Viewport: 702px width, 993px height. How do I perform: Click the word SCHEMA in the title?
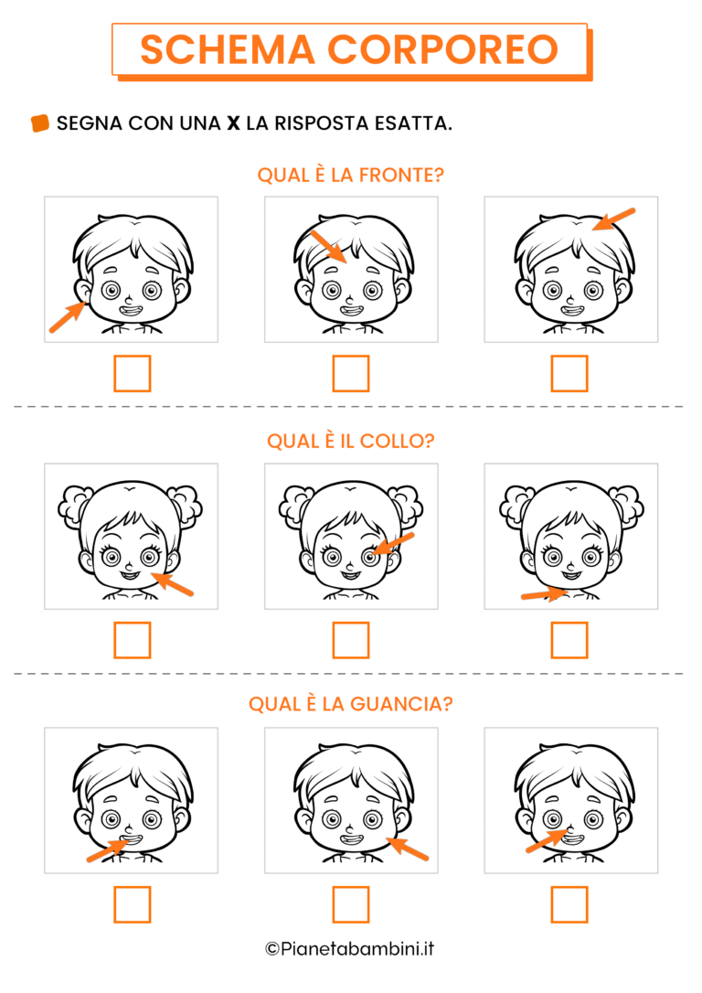click(x=228, y=49)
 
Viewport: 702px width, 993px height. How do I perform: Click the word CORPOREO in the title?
click(x=443, y=49)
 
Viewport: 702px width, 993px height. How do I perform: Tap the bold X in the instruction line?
click(x=234, y=123)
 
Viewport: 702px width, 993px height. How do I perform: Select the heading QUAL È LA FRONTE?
click(x=351, y=175)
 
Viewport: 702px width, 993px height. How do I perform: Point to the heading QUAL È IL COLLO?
click(x=351, y=441)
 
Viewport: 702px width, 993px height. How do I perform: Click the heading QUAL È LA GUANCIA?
click(x=351, y=704)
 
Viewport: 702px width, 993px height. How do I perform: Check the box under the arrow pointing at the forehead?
click(x=351, y=374)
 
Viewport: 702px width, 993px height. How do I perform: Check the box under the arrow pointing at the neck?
click(x=569, y=640)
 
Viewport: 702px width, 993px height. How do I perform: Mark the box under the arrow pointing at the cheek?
click(x=351, y=904)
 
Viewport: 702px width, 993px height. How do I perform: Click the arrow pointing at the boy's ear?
click(x=68, y=316)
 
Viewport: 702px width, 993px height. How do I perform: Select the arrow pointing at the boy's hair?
click(x=613, y=219)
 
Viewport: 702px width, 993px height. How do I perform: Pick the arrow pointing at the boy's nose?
click(x=547, y=841)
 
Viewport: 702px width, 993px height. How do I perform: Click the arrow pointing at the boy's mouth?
click(x=108, y=849)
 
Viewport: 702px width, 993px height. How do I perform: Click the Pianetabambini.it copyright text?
click(x=350, y=949)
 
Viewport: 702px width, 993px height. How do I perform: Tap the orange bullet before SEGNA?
click(x=40, y=123)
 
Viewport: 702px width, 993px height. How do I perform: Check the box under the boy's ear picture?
click(x=133, y=374)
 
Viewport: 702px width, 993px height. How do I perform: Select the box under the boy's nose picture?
click(x=569, y=904)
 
